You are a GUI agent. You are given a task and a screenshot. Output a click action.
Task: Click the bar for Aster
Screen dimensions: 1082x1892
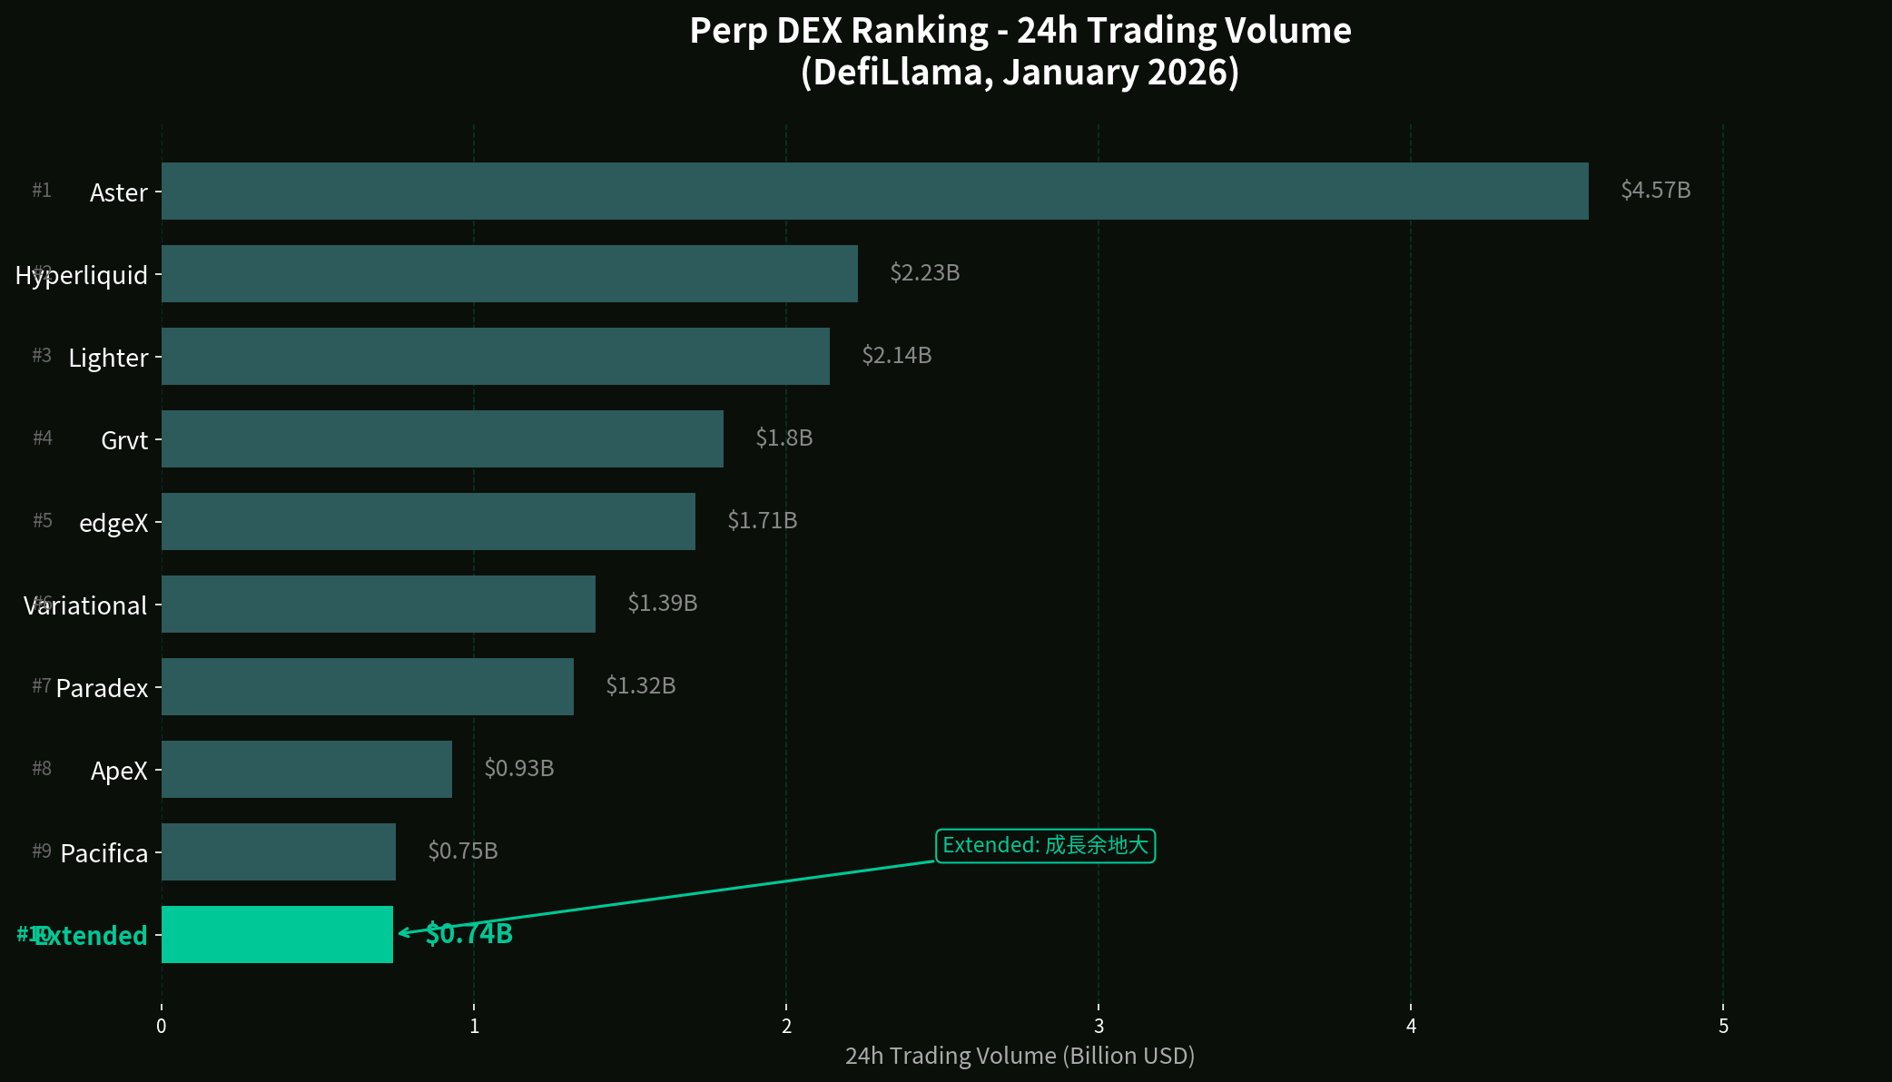(x=874, y=191)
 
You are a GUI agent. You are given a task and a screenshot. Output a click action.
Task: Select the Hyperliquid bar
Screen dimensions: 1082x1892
(x=509, y=273)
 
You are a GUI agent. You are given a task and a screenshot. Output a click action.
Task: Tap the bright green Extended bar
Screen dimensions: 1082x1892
(x=277, y=934)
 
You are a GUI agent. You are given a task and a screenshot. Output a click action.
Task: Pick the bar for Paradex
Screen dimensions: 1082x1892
(x=368, y=686)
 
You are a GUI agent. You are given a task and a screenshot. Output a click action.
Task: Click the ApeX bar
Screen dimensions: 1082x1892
(x=307, y=769)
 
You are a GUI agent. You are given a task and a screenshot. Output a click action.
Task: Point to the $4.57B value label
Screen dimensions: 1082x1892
(x=1655, y=191)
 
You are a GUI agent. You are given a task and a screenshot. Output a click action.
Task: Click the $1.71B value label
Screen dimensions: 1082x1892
(x=762, y=521)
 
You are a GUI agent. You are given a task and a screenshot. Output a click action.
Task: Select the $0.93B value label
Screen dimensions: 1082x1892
(x=518, y=769)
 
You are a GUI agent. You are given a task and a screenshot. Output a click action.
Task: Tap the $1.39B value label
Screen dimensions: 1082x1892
(x=662, y=604)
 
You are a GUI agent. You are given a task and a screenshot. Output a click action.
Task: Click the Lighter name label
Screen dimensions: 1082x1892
(x=108, y=358)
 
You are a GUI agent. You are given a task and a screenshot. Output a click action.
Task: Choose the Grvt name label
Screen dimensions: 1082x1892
(x=124, y=440)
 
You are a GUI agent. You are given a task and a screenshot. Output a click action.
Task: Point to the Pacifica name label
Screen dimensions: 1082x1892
(x=103, y=853)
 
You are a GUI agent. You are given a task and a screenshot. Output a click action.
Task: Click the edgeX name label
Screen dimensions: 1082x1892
(x=113, y=523)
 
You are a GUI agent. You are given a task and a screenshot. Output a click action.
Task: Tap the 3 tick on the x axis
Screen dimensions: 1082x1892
(x=1099, y=1027)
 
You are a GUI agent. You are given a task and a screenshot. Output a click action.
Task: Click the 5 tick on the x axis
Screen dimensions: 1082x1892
(x=1723, y=1027)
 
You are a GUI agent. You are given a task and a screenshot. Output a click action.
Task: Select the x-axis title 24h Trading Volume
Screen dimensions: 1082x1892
(x=1020, y=1056)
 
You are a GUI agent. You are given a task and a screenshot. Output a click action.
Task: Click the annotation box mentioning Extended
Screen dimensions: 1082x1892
(x=1045, y=846)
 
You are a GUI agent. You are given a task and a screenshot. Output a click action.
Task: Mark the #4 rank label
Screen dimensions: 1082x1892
(x=43, y=438)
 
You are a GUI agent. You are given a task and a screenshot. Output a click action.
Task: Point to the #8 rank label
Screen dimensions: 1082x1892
(x=42, y=769)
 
